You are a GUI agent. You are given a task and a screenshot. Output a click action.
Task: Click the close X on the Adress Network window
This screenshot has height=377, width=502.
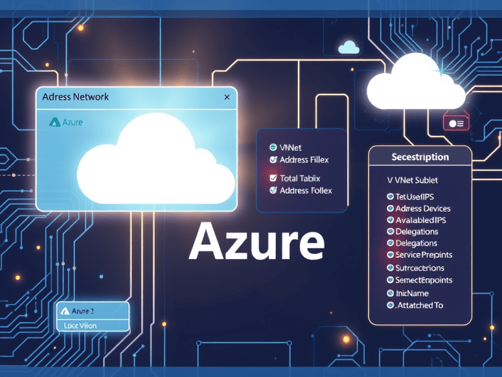coord(227,98)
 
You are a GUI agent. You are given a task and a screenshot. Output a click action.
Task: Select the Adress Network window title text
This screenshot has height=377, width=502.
coord(75,97)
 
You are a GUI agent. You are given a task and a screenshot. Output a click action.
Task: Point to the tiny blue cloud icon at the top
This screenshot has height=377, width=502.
coord(349,47)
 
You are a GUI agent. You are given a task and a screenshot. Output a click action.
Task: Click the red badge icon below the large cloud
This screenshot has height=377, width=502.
coord(455,123)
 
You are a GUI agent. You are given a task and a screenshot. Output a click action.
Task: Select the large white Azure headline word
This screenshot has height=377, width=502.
coord(256,242)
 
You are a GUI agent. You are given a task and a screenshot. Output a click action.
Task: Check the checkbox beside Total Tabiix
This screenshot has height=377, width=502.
coord(273,178)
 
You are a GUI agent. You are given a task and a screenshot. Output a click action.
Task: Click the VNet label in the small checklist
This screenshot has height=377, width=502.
coord(290,147)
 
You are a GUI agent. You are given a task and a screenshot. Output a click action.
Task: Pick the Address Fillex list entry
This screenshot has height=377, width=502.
coord(304,160)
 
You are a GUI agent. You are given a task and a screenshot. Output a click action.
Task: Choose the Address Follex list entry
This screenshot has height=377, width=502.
coord(305,190)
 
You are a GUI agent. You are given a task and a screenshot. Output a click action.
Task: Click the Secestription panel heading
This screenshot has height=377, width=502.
coord(420,157)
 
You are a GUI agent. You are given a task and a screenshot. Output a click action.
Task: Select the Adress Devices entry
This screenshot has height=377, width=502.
coord(422,208)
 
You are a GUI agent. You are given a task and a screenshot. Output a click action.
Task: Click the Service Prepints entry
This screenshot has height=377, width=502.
coord(424,255)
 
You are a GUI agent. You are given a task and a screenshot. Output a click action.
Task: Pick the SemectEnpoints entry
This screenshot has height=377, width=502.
coord(424,280)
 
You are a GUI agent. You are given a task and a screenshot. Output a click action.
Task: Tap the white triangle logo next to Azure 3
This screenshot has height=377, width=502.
coord(65,311)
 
